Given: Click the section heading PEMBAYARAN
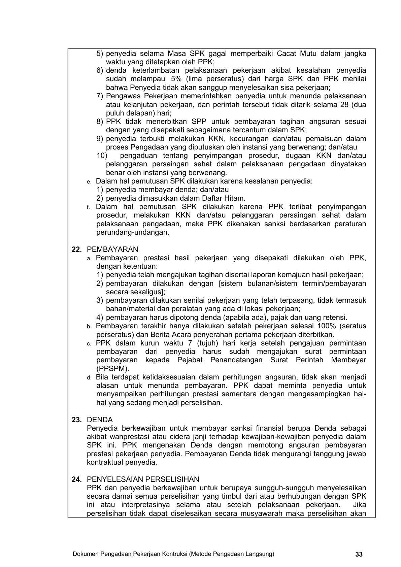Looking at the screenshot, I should [x=112, y=249].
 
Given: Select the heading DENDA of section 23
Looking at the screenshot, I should [x=100, y=420].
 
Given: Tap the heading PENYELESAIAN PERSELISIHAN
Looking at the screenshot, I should [x=143, y=479].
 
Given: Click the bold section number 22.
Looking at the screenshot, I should [x=77, y=249].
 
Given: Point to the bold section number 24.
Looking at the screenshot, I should [x=77, y=479].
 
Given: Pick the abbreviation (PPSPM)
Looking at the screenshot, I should [x=113, y=369].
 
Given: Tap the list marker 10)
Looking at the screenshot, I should [x=102, y=156].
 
